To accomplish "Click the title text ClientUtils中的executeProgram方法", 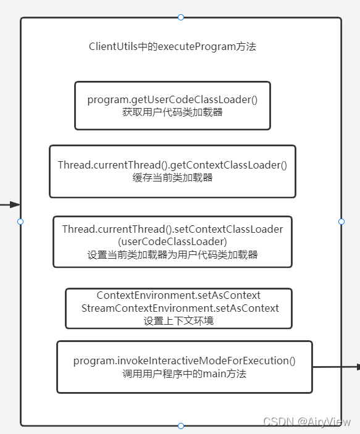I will pyautogui.click(x=172, y=47).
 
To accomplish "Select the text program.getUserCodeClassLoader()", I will pyautogui.click(x=172, y=99).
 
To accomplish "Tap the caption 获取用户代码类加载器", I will pyautogui.click(x=172, y=112).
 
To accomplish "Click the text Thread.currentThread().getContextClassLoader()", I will pyautogui.click(x=172, y=165).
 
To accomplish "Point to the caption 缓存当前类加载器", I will pyautogui.click(x=172, y=177).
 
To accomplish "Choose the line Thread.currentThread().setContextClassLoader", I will pyautogui.click(x=172, y=229).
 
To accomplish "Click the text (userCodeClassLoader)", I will pyautogui.click(x=172, y=241).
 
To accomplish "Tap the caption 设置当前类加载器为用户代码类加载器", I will pyautogui.click(x=172, y=254).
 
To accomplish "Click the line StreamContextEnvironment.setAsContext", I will pyautogui.click(x=180, y=308).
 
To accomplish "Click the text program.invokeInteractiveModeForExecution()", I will pyautogui.click(x=185, y=361).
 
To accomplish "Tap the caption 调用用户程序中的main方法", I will pyautogui.click(x=185, y=373).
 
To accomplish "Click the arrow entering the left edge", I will pyautogui.click(x=10, y=205).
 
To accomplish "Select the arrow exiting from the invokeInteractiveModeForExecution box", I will pyautogui.click(x=337, y=367).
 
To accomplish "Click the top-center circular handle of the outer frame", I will pyautogui.click(x=181, y=17).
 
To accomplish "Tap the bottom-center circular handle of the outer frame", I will pyautogui.click(x=181, y=426).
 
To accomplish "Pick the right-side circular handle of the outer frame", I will pyautogui.click(x=341, y=221).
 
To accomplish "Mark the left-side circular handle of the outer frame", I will pyautogui.click(x=20, y=221).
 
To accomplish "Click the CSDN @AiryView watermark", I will pyautogui.click(x=307, y=421).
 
